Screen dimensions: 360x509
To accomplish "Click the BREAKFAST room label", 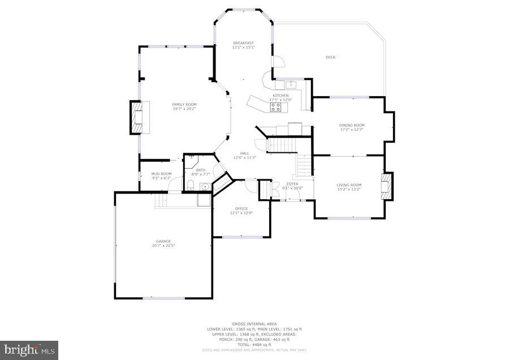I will point(243,43).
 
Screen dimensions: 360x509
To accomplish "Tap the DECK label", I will point(330,57).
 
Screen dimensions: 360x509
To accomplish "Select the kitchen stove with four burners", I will point(277,106).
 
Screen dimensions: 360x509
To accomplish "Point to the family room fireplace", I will point(136,117).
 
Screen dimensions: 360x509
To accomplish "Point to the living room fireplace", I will point(387,186).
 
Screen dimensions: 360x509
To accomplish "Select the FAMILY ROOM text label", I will point(184,104).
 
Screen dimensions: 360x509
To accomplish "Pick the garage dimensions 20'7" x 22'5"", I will point(163,246).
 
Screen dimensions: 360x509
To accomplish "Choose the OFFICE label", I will point(241,208).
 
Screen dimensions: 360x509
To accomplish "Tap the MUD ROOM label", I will point(162,174).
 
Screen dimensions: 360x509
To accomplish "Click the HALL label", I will point(244,153).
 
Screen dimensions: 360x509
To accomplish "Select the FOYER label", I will point(292,183).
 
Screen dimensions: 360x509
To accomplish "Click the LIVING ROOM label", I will point(348,185).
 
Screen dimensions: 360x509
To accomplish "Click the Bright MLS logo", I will point(29,349).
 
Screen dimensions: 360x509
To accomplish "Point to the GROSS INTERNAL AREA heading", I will point(255,324).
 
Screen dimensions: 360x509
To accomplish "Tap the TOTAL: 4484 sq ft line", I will point(255,344).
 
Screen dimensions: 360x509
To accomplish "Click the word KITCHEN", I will point(281,96).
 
